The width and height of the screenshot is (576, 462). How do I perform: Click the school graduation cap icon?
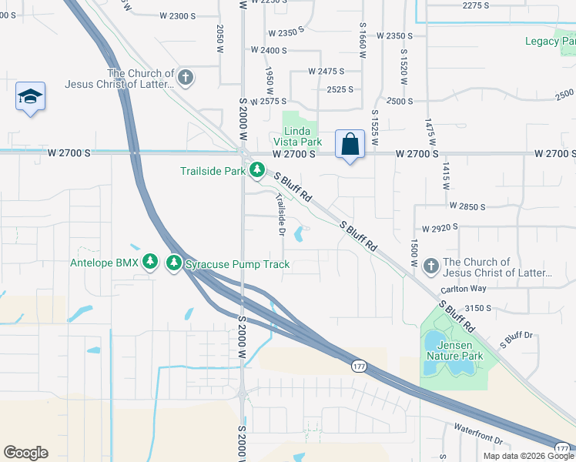click(x=30, y=97)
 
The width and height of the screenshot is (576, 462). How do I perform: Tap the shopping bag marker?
click(x=350, y=144)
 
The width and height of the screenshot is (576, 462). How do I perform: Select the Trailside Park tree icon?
click(x=256, y=170)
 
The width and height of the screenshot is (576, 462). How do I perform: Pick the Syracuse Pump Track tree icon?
click(x=175, y=264)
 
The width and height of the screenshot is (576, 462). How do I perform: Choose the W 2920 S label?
click(x=439, y=228)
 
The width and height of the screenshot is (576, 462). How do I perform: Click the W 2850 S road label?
click(x=467, y=207)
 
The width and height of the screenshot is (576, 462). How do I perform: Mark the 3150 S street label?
click(x=477, y=307)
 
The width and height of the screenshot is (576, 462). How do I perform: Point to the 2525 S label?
click(x=340, y=89)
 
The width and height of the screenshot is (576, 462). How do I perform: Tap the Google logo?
click(x=25, y=453)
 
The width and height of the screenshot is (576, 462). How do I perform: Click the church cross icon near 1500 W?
click(x=430, y=266)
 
